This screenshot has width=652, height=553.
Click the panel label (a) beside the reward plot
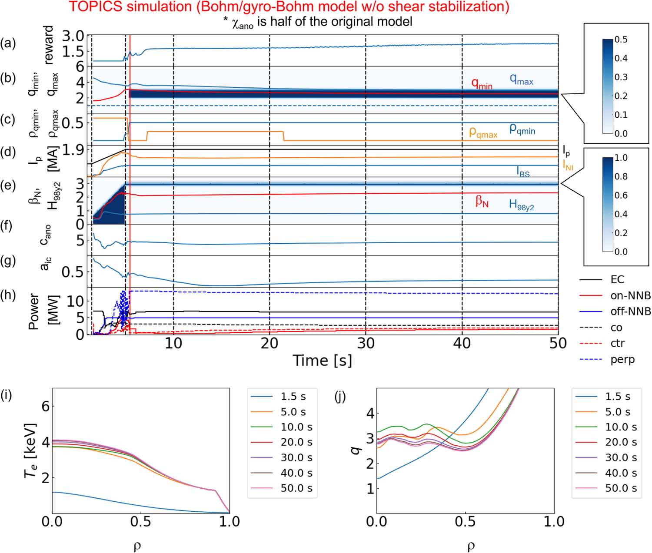click(x=8, y=43)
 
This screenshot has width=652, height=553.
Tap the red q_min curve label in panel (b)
click(x=482, y=83)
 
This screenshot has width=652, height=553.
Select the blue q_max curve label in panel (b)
click(x=521, y=79)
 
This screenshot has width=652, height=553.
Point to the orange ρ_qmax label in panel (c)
click(x=483, y=133)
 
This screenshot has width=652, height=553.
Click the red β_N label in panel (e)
click(x=482, y=201)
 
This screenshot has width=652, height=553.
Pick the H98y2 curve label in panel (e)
click(x=521, y=205)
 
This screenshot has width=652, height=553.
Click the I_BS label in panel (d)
click(x=523, y=172)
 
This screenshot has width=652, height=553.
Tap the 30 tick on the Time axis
click(x=366, y=344)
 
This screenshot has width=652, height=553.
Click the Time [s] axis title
click(x=322, y=361)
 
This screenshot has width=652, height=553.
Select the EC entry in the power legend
click(x=617, y=280)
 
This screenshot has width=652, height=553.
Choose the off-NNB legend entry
click(x=630, y=311)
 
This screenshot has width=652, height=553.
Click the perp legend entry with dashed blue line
click(x=622, y=360)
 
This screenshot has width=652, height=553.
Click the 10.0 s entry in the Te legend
click(x=296, y=427)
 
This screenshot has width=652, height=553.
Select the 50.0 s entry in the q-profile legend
click(x=621, y=488)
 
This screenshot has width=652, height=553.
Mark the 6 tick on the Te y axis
click(x=45, y=406)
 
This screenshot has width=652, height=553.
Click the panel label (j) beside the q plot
click(x=340, y=396)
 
